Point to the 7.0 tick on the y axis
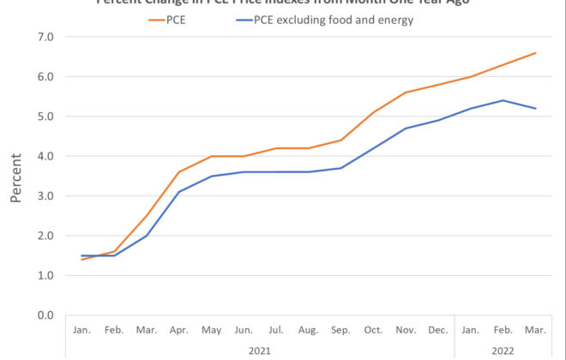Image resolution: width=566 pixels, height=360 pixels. (x=45, y=37)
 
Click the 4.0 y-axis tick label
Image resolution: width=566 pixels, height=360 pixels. (x=45, y=156)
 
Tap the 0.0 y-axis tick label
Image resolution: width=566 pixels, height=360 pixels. (x=45, y=315)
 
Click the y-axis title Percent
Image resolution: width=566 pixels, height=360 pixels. (x=15, y=176)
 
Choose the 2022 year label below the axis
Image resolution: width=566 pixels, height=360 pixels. (x=502, y=350)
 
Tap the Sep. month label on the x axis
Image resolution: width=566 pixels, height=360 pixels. (x=341, y=329)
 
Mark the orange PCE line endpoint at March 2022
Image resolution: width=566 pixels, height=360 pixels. (x=536, y=53)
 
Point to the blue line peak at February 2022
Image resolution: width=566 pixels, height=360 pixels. (x=503, y=100)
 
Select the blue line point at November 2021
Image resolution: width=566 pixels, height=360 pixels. (x=405, y=129)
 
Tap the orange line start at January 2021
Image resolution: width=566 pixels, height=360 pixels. (x=81, y=259)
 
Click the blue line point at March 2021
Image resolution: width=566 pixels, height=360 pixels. (x=148, y=236)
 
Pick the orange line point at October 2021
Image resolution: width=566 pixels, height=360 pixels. (x=372, y=112)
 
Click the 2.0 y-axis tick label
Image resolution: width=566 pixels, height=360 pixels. (x=45, y=236)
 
